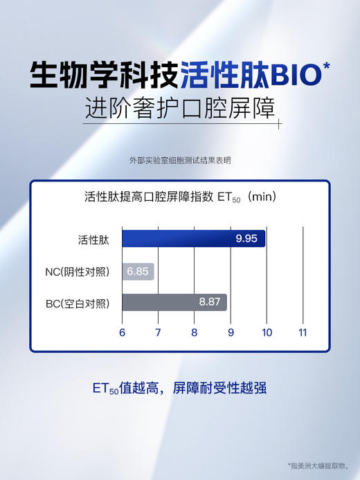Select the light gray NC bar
click(138, 272)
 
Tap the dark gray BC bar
click(174, 302)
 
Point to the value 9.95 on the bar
click(246, 239)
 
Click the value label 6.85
click(138, 272)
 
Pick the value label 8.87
click(210, 302)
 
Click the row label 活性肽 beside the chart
click(93, 240)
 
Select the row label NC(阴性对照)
click(82, 272)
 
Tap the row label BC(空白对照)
click(82, 302)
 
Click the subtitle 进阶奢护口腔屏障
click(179, 109)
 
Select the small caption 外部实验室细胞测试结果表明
click(179, 160)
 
